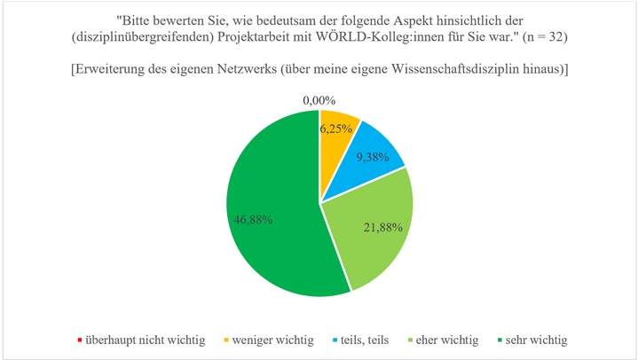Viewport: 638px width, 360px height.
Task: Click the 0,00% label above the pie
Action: (x=319, y=101)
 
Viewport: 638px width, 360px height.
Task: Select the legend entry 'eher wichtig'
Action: (x=449, y=340)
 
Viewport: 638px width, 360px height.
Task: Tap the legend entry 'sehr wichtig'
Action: (x=536, y=340)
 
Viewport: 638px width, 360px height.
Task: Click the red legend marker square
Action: (x=79, y=340)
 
